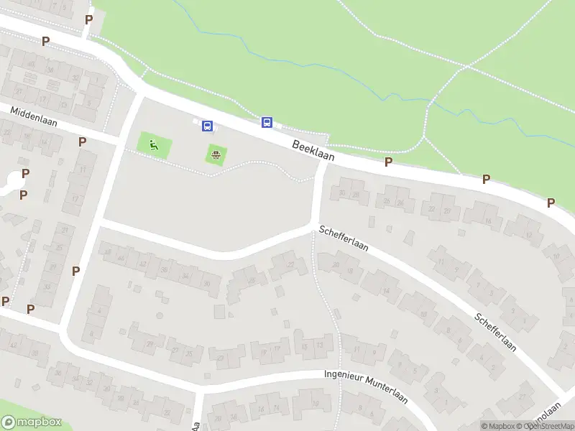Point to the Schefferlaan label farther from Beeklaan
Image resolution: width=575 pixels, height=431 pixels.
pos(496,330)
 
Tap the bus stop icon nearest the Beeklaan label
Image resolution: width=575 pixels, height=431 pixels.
pos(267,122)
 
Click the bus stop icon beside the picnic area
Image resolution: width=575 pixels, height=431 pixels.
pos(207,126)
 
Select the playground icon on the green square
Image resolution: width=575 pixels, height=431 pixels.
pos(154,146)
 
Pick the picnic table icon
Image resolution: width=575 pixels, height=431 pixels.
pos(215,153)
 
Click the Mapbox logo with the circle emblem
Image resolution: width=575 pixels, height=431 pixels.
pos(32,422)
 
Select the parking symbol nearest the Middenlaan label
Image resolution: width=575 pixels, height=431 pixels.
pos(82,142)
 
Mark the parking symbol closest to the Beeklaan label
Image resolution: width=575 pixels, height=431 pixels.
pos(388,162)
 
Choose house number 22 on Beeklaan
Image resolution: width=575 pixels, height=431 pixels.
pos(432,209)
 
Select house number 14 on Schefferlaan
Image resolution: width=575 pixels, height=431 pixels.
pos(386,290)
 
